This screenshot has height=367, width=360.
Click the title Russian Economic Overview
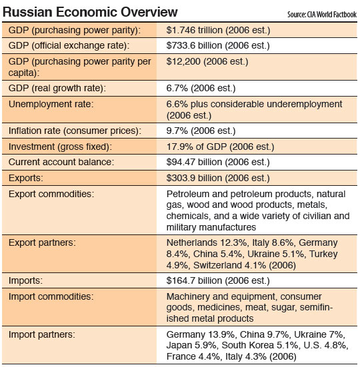90,12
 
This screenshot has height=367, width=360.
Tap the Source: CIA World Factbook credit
322,15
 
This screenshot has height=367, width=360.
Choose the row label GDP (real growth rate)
57,88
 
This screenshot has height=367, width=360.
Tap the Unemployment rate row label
51,104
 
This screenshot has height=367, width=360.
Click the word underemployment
304,105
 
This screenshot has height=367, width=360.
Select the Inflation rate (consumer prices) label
75,131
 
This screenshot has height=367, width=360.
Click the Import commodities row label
51,296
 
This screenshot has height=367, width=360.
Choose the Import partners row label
42,334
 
